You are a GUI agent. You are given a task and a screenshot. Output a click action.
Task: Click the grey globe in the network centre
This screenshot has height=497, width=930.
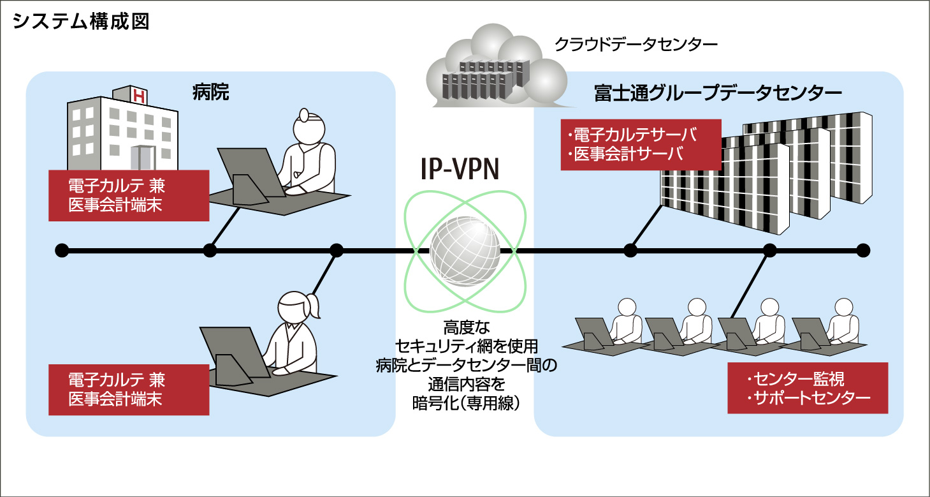465,249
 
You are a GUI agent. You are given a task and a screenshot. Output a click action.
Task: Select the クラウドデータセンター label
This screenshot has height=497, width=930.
636,44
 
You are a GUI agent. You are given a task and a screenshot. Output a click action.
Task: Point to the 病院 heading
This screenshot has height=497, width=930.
210,93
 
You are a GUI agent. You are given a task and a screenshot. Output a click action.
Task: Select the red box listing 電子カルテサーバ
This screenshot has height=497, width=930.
641,145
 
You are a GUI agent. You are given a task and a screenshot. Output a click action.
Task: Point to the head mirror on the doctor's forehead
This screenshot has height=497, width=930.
305,115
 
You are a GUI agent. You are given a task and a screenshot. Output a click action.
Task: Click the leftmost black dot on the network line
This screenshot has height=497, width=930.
62,249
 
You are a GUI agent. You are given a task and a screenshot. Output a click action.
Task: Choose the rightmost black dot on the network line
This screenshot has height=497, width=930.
863,249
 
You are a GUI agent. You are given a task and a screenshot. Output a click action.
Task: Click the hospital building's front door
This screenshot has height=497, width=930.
142,157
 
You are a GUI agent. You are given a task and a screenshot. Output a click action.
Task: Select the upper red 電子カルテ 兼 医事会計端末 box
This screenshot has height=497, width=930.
129,195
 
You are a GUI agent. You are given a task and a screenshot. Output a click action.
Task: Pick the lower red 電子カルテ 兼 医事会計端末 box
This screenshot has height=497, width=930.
129,390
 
